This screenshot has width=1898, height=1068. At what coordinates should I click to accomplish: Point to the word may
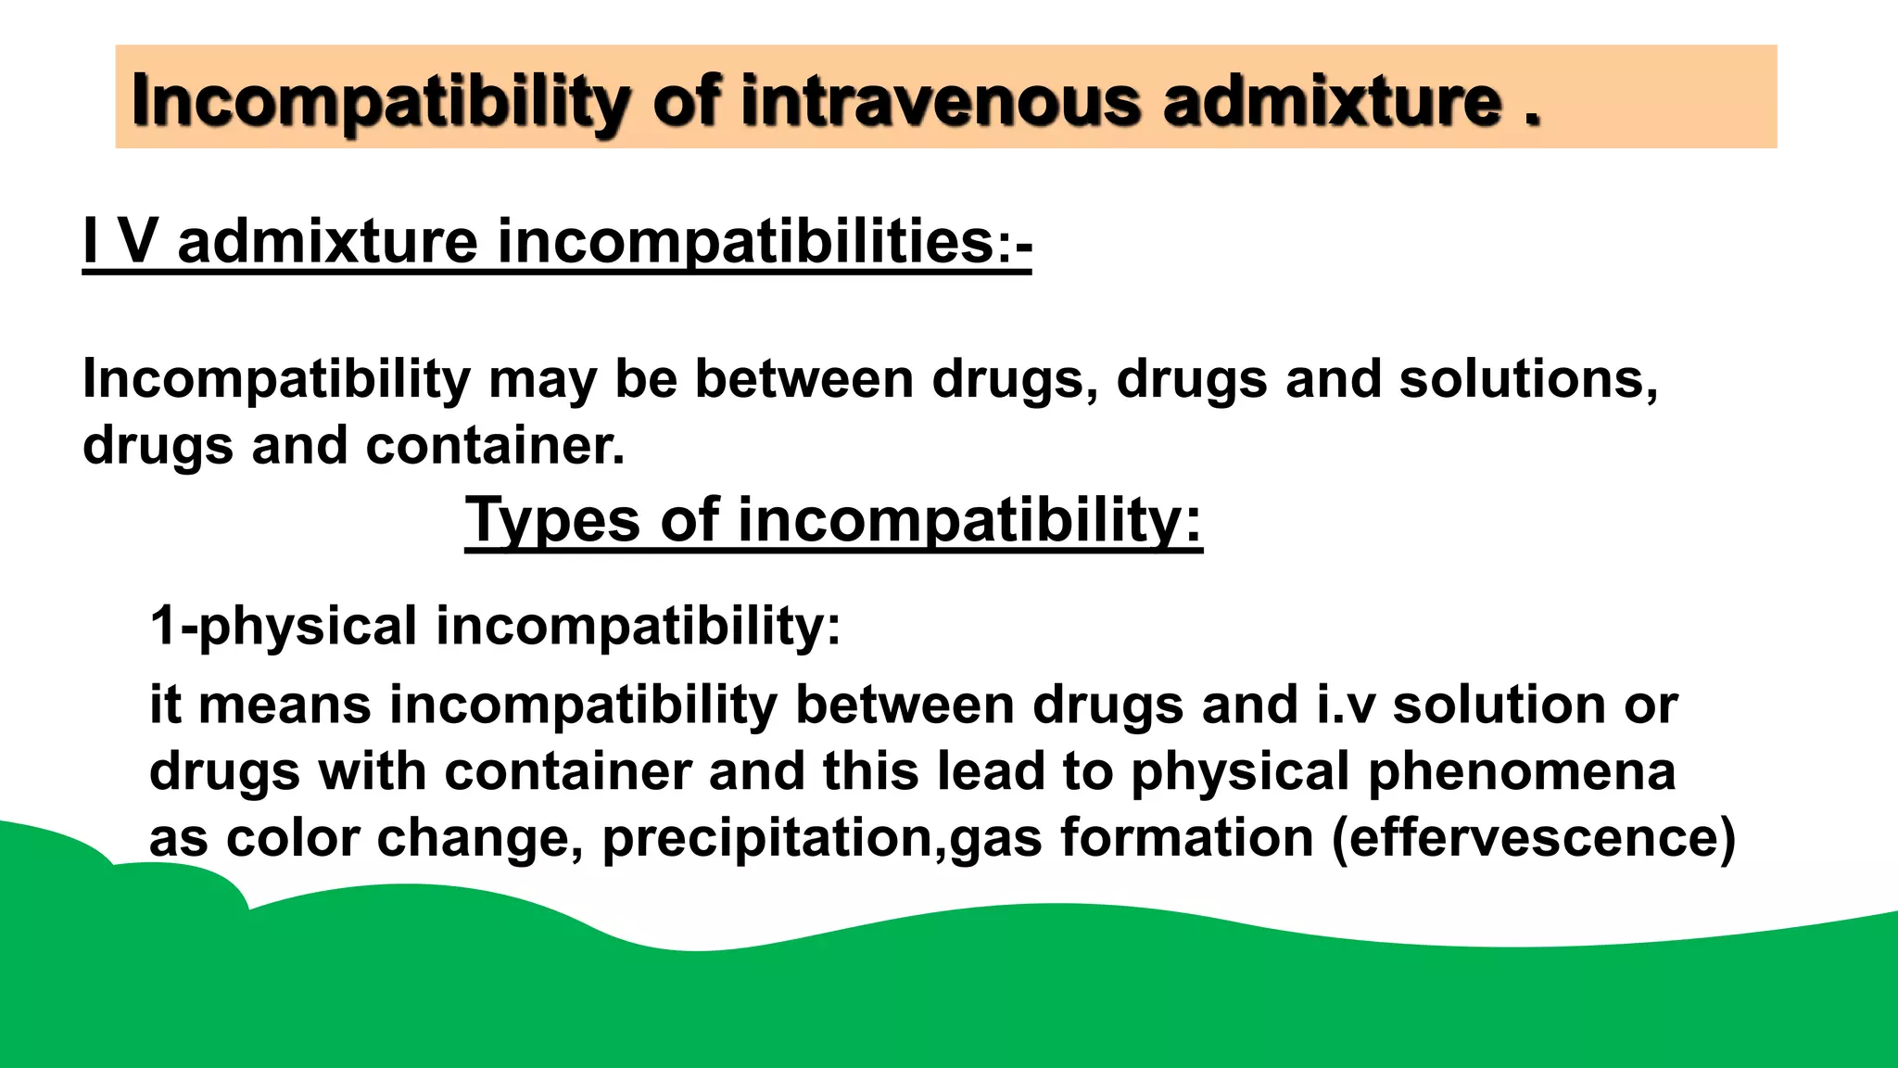542,380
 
